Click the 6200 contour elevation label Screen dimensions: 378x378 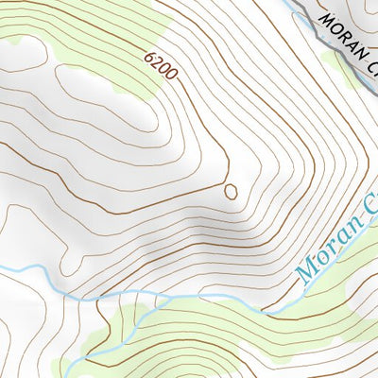[161, 67]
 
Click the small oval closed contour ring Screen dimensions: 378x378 [230, 192]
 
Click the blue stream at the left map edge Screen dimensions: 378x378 [8, 270]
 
